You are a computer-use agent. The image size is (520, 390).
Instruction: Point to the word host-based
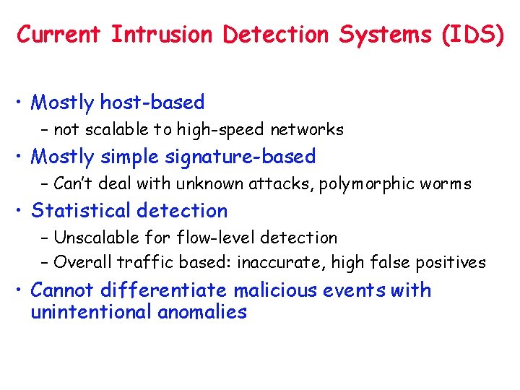coord(152,103)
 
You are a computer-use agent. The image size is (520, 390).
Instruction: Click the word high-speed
coord(227,130)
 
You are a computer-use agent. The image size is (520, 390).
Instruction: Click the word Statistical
coord(82,211)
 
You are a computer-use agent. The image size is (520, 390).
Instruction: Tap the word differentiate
coord(165,290)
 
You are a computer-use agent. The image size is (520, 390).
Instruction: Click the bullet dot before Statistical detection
coord(22,212)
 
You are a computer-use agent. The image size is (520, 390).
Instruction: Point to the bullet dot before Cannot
coord(22,291)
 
